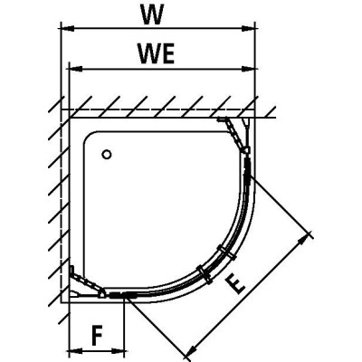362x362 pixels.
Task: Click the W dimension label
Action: click(153, 15)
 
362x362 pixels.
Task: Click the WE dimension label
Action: click(157, 53)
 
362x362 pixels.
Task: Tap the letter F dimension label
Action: click(97, 336)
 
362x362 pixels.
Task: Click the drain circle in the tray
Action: click(107, 155)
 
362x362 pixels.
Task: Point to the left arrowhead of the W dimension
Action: click(68, 29)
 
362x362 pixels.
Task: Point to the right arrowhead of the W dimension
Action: click(249, 29)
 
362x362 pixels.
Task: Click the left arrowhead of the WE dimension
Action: click(76, 69)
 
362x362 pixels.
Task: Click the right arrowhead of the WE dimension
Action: click(249, 69)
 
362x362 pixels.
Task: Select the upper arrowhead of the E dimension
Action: click(303, 241)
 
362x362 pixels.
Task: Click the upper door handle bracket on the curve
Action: click(226, 252)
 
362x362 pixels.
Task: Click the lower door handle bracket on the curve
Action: click(205, 274)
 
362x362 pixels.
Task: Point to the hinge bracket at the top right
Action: click(238, 134)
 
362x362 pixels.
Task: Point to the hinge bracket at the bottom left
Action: click(87, 282)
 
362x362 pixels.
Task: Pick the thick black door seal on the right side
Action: click(248, 170)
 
